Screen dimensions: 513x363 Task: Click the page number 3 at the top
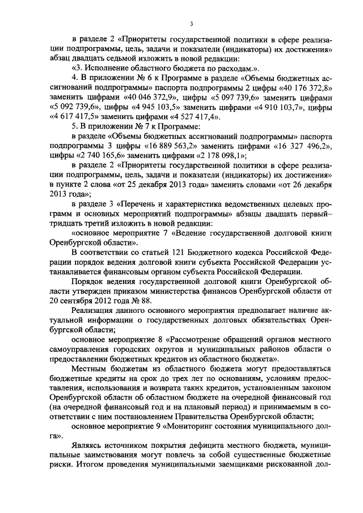[192, 23]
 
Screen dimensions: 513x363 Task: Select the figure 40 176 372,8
[303, 89]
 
